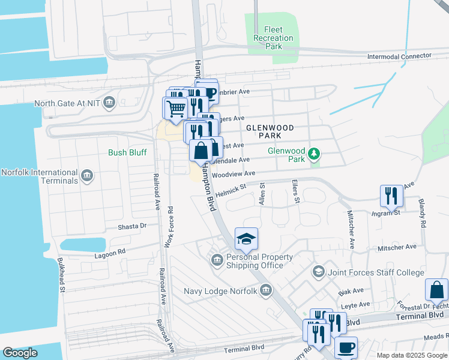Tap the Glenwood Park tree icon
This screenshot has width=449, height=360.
pyautogui.click(x=313, y=155)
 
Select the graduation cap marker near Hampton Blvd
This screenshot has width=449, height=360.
pyautogui.click(x=246, y=239)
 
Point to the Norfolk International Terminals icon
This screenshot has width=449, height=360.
pyautogui.click(x=87, y=176)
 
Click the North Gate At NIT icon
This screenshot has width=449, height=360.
pyautogui.click(x=109, y=103)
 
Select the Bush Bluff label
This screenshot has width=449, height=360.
pyautogui.click(x=127, y=152)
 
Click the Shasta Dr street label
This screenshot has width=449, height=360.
pyautogui.click(x=132, y=226)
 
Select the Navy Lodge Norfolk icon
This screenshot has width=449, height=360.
pyautogui.click(x=266, y=292)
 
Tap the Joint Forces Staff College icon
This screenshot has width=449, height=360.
pyautogui.click(x=318, y=272)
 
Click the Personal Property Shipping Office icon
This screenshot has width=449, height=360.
pyautogui.click(x=217, y=260)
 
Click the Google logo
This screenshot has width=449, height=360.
pyautogui.click(x=20, y=353)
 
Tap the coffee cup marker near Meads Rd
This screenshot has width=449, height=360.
pyautogui.click(x=345, y=347)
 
